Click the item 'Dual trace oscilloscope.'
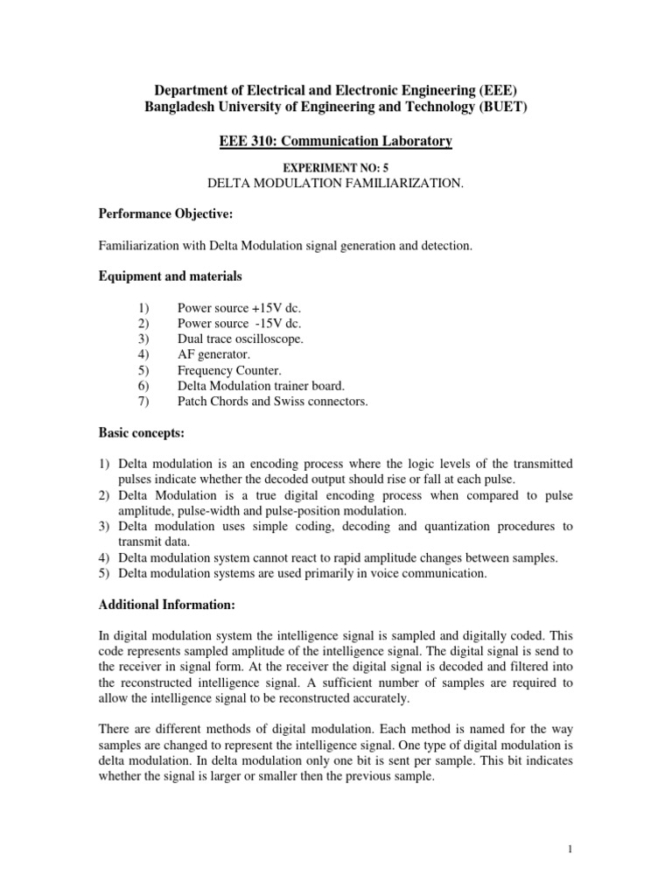[241, 339]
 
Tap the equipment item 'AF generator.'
[213, 354]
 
